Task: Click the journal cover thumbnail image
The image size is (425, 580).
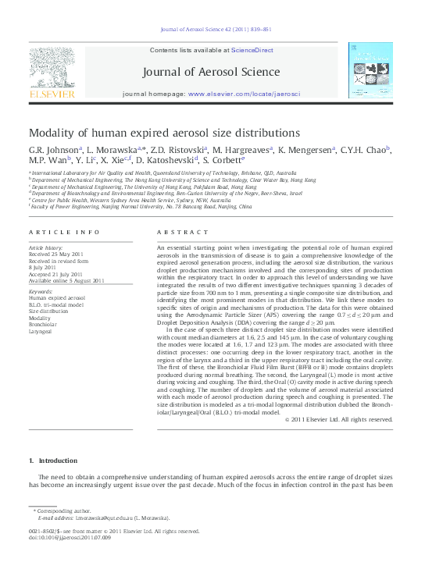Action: click(370, 70)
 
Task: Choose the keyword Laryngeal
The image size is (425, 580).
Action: click(44, 329)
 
